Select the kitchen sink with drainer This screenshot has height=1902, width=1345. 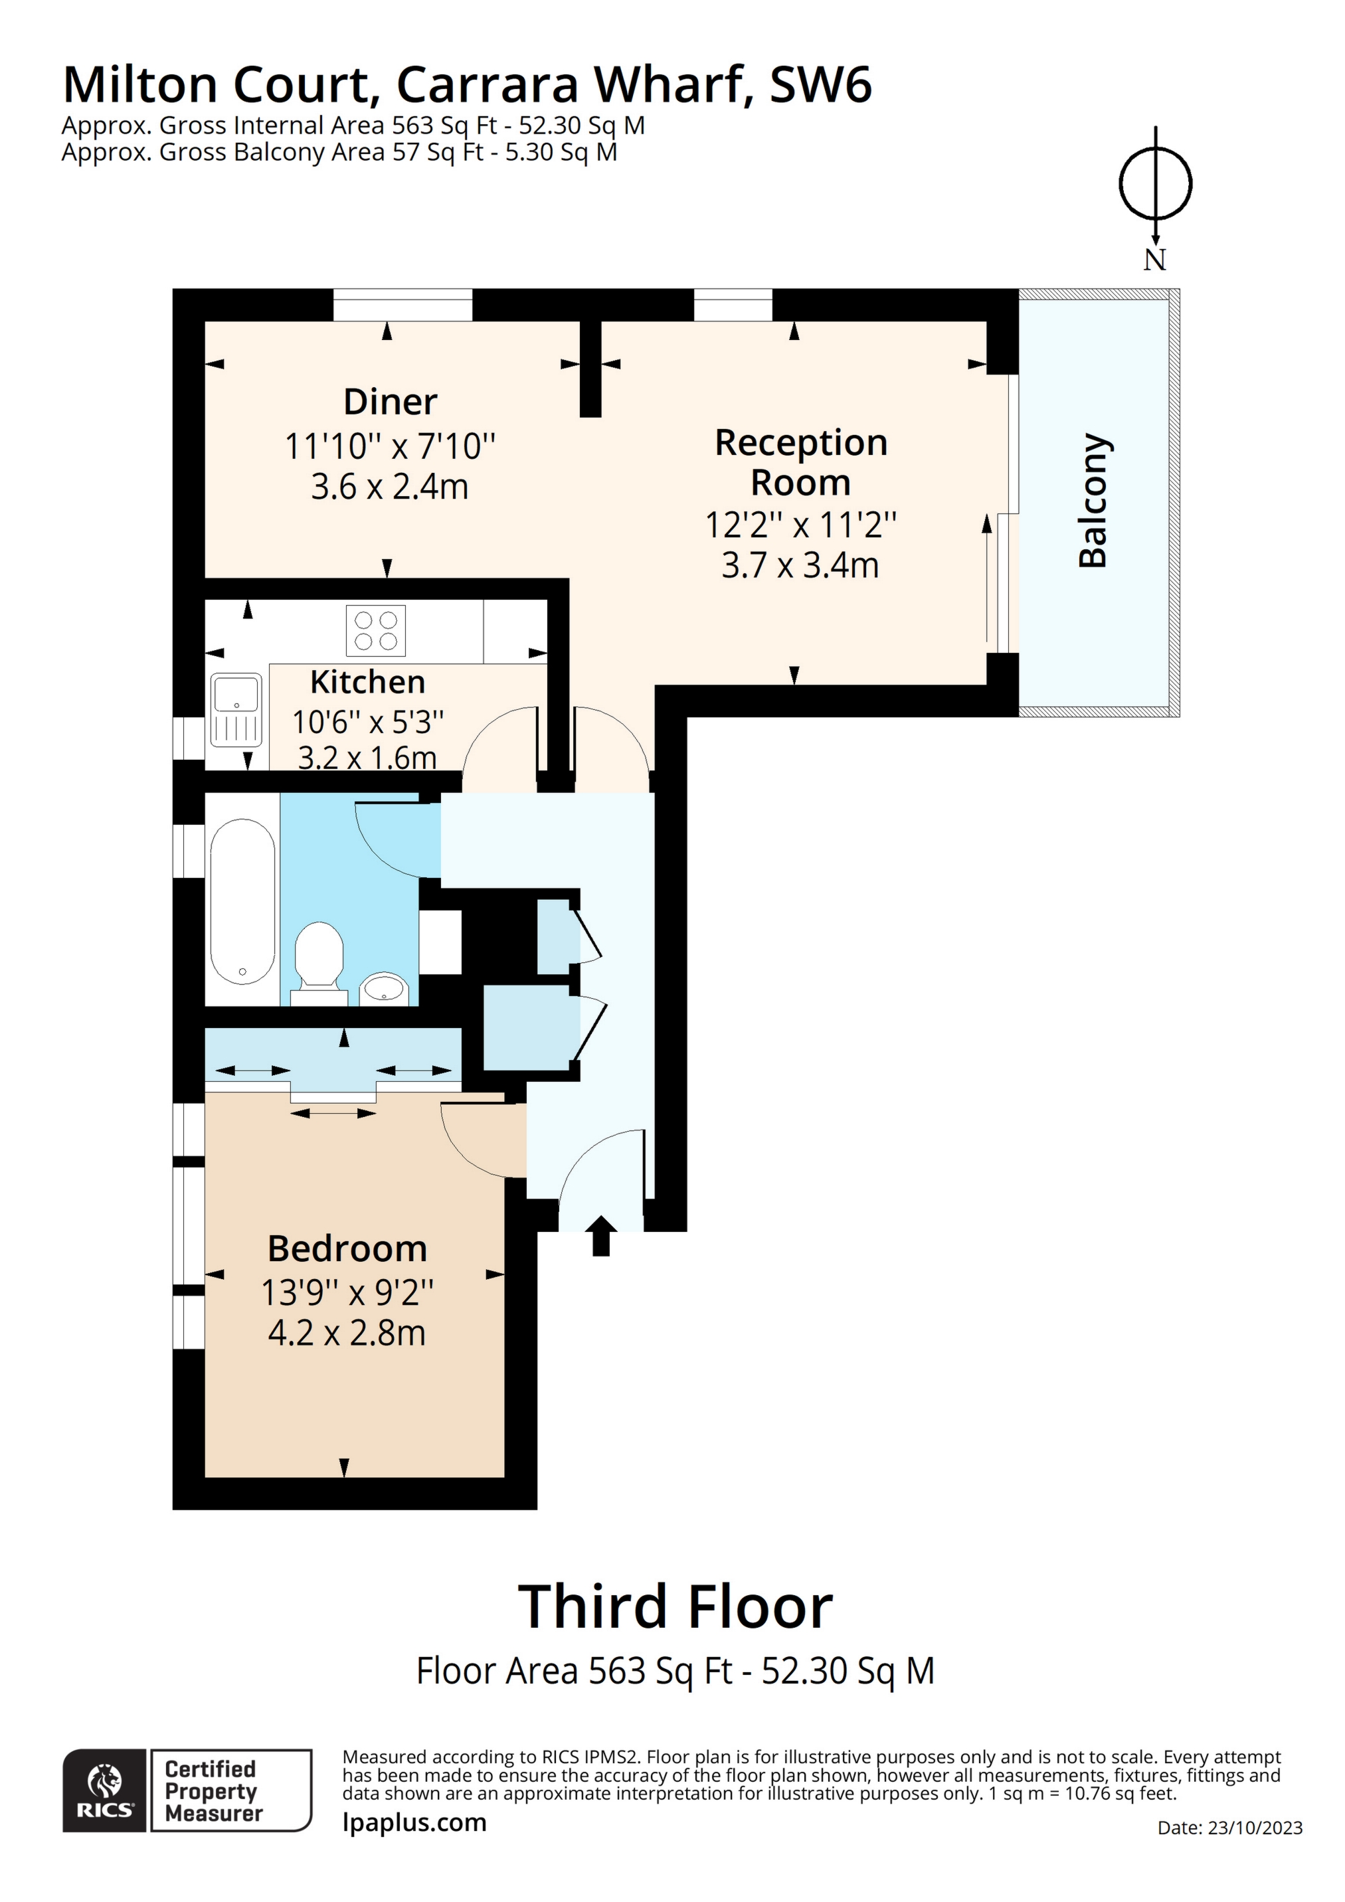(236, 709)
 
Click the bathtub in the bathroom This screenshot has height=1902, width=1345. (242, 901)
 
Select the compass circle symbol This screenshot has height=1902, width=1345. (1155, 183)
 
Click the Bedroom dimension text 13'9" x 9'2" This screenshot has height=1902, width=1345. (347, 1292)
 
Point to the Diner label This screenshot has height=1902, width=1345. (389, 402)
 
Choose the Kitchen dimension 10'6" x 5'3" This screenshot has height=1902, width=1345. (367, 723)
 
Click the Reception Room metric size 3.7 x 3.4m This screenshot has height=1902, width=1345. (800, 566)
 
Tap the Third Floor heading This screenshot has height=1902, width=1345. (675, 1607)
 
